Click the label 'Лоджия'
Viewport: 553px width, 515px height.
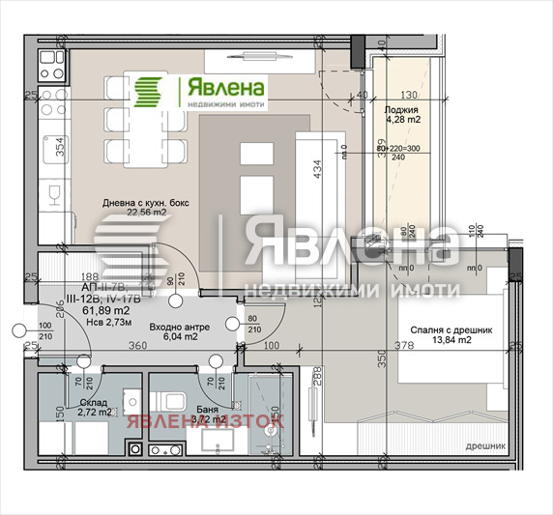coord(401,109)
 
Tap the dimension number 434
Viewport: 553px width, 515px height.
coord(314,170)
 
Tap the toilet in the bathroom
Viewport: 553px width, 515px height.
coord(175,403)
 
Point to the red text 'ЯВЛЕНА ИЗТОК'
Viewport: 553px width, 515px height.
coord(202,420)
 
